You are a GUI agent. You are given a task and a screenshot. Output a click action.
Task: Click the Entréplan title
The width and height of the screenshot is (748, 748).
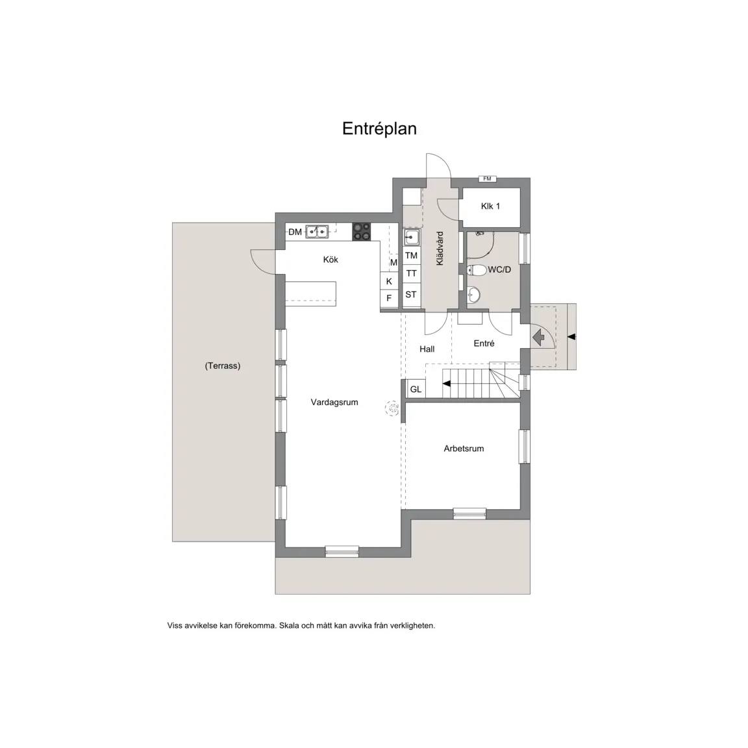coord(379,129)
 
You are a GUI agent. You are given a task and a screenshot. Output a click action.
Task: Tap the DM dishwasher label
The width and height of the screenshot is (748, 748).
coord(295,232)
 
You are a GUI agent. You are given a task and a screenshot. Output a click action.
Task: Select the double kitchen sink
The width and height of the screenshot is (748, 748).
coord(317,232)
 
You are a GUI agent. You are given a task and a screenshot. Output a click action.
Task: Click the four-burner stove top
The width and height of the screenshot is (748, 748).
coord(362,232)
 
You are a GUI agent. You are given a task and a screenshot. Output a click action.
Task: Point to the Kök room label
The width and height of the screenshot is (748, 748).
coord(330,260)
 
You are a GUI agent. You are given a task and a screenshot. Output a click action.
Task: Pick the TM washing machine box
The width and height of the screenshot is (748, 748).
coord(411,256)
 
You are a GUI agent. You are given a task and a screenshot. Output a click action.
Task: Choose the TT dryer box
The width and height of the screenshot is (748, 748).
coord(411,273)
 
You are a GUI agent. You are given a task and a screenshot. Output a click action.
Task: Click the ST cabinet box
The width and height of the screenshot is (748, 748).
coord(411,295)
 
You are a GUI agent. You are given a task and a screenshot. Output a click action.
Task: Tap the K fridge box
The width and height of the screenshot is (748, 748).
coord(390,281)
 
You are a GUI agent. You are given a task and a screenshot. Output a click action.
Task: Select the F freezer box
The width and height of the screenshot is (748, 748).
coord(390,298)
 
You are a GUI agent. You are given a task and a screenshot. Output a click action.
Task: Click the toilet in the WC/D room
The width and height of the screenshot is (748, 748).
coord(476,270)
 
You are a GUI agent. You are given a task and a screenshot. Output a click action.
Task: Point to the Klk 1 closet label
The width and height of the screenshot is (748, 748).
coord(490,206)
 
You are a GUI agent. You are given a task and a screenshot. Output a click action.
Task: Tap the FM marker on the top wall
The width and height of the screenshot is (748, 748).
coord(487,179)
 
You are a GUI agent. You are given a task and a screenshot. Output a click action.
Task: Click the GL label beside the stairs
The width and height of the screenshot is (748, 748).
coord(416,390)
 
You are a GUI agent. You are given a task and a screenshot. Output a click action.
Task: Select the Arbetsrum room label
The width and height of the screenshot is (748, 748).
coord(464,449)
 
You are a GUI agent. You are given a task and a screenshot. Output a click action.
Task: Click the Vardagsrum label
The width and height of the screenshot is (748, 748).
coord(334,402)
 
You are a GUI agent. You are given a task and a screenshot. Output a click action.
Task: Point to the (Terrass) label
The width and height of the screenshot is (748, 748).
coord(223,366)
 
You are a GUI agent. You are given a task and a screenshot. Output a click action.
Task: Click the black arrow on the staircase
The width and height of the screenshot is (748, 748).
coord(447,384)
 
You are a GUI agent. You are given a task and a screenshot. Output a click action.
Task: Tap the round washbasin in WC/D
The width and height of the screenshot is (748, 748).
coord(473,294)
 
